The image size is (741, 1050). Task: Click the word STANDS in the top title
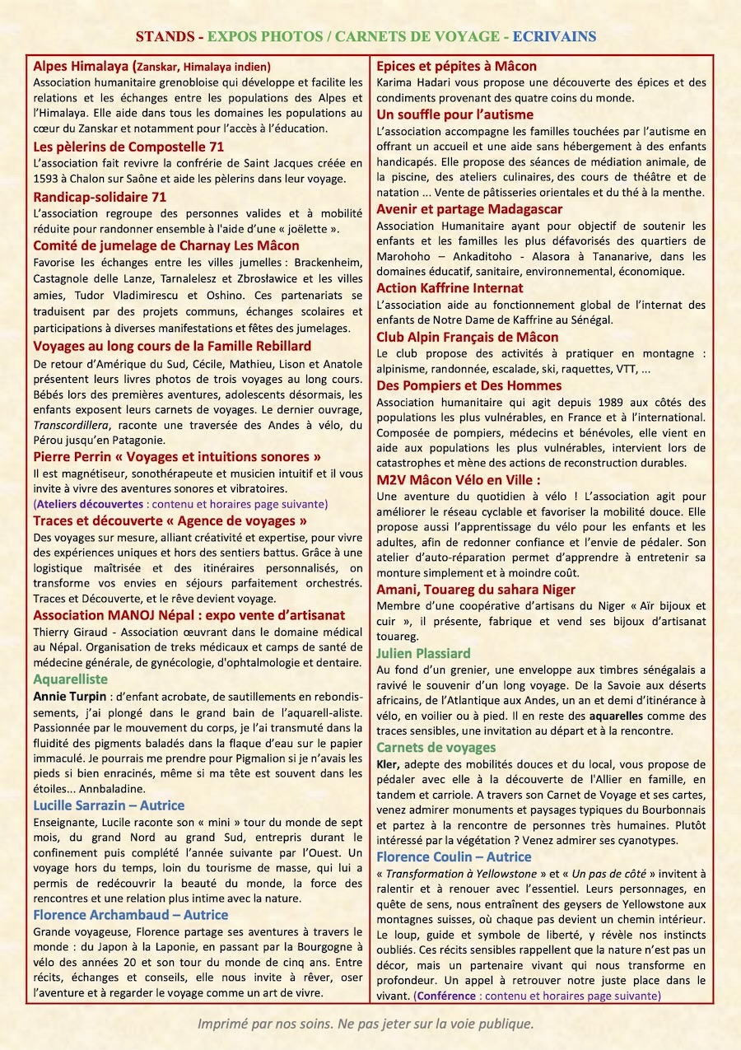tap(165, 36)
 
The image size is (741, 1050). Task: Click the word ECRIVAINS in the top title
tap(554, 36)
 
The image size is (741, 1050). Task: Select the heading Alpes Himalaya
tap(81, 66)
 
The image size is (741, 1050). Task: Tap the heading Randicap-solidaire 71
tap(100, 197)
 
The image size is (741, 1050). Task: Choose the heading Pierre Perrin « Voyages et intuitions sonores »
tap(177, 456)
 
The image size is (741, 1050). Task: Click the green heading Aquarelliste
tap(70, 679)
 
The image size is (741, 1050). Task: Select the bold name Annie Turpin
tap(70, 697)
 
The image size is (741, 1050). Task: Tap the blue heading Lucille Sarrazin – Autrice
tap(109, 805)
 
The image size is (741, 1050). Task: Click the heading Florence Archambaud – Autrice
tap(131, 915)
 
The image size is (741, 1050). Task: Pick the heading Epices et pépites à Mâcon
tap(456, 66)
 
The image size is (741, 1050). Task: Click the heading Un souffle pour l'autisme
tap(454, 114)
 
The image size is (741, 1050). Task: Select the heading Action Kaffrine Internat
tap(450, 288)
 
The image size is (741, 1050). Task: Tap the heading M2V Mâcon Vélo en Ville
tap(458, 480)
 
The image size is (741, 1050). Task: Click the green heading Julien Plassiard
tap(423, 653)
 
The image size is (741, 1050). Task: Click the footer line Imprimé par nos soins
tap(366, 1024)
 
